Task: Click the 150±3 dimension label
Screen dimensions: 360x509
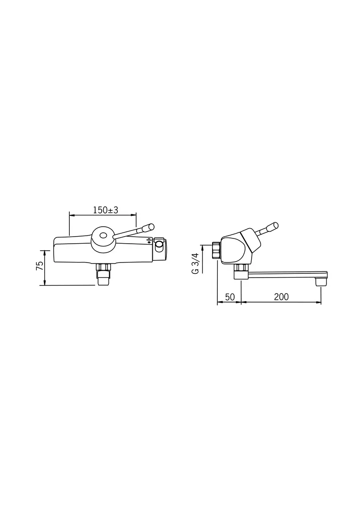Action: coord(106,210)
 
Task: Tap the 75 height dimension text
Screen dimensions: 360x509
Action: coord(40,266)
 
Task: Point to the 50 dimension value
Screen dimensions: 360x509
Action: coord(229,297)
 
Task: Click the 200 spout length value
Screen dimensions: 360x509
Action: coord(281,297)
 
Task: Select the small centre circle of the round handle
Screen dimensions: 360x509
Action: coord(104,236)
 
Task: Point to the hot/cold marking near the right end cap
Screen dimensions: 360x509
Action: coord(149,241)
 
